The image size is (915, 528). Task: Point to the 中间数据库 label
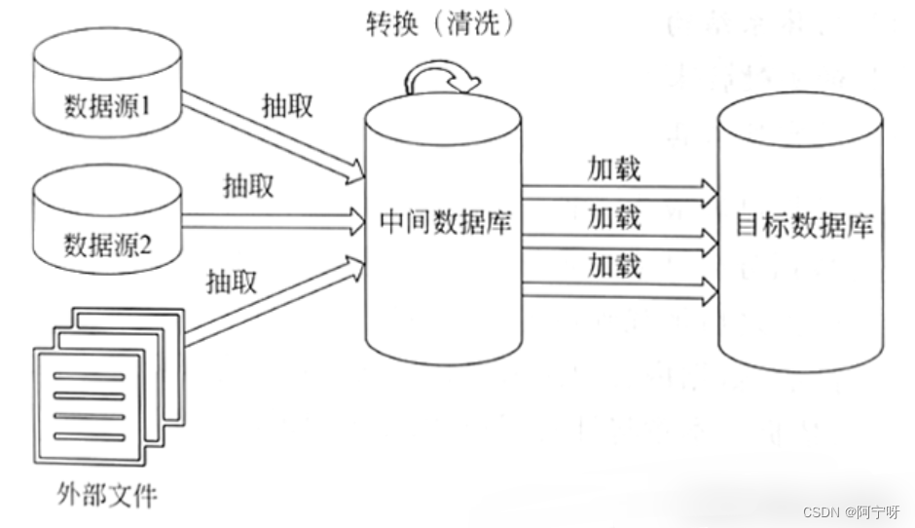445,223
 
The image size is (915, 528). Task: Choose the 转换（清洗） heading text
439,23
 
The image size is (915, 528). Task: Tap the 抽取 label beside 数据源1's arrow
288,105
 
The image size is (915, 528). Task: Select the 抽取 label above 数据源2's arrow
248,185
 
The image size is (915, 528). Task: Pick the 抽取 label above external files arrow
232,283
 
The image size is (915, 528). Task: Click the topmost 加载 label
614,168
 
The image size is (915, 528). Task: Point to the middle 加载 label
614,216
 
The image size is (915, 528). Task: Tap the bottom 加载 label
614,263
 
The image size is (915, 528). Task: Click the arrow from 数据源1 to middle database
269,135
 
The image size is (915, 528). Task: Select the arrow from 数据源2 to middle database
272,219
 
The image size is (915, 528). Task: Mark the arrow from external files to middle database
272,303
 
